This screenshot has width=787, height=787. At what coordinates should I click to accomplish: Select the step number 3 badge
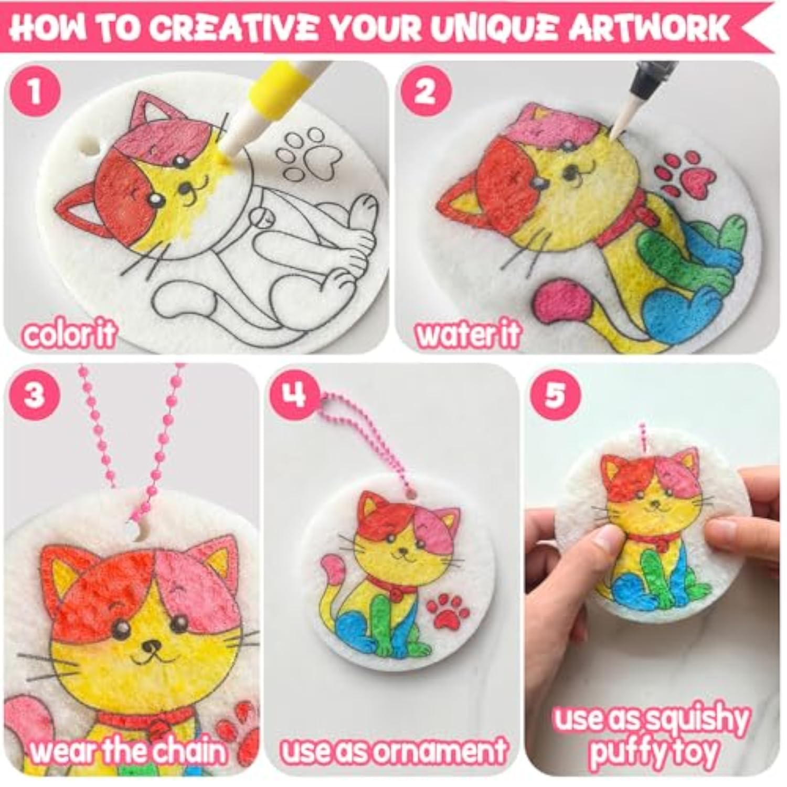tap(34, 393)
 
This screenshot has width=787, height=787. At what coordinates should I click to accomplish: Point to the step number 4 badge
tap(294, 393)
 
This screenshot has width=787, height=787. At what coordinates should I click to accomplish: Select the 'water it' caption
tap(467, 334)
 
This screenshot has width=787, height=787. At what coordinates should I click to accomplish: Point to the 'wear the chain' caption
tap(129, 751)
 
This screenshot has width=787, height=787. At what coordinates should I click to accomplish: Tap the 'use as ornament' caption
tap(393, 751)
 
